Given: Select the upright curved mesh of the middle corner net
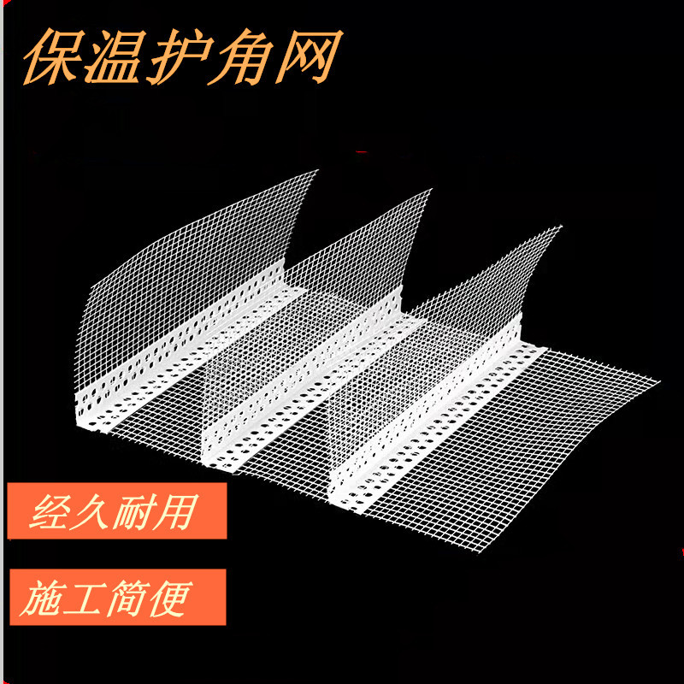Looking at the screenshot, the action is click(x=359, y=256).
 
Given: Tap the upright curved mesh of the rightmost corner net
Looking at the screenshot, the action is click(x=487, y=282).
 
